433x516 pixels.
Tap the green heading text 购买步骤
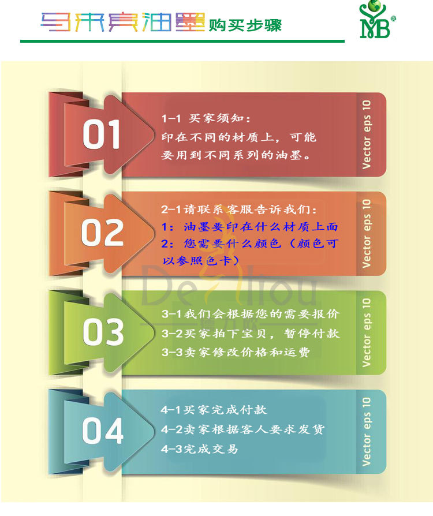pos(245,25)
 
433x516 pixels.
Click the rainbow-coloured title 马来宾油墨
pos(123,23)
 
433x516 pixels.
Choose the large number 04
pos(102,431)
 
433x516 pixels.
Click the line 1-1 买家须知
pos(207,118)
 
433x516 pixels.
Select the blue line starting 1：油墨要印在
pos(249,227)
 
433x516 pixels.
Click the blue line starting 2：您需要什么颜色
pos(249,244)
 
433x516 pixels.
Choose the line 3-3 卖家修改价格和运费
pos(235,352)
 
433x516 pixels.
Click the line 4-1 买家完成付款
pos(214,410)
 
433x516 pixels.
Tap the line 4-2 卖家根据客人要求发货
pos(242,429)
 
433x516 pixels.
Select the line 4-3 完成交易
pos(199,448)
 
